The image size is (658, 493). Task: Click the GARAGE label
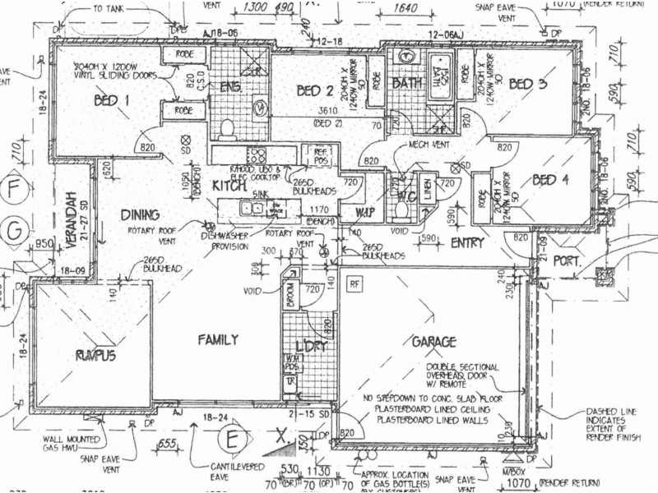[429, 342]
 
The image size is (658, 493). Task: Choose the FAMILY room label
[216, 339]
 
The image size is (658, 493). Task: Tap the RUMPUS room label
[94, 355]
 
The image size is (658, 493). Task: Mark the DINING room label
[140, 215]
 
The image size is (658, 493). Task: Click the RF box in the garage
[354, 283]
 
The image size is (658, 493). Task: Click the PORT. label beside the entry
[567, 262]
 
